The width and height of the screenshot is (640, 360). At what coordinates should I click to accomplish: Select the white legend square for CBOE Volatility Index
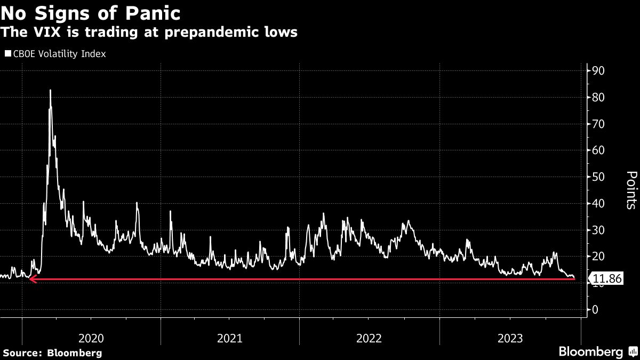tap(8, 54)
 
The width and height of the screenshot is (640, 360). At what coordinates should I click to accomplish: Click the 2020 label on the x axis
tap(91, 338)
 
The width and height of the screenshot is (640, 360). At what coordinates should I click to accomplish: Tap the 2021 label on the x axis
tap(230, 338)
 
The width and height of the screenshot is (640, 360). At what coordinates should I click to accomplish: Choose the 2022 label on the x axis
tap(369, 338)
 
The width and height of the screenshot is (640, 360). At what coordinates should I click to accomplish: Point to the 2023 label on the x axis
tap(509, 338)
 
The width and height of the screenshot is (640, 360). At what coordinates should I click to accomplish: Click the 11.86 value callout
tap(606, 278)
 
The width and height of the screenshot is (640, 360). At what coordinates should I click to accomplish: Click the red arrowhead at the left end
tap(32, 279)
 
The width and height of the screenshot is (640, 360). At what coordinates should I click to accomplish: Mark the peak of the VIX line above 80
tap(50, 90)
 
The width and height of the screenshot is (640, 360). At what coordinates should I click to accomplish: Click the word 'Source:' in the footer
tap(22, 353)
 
